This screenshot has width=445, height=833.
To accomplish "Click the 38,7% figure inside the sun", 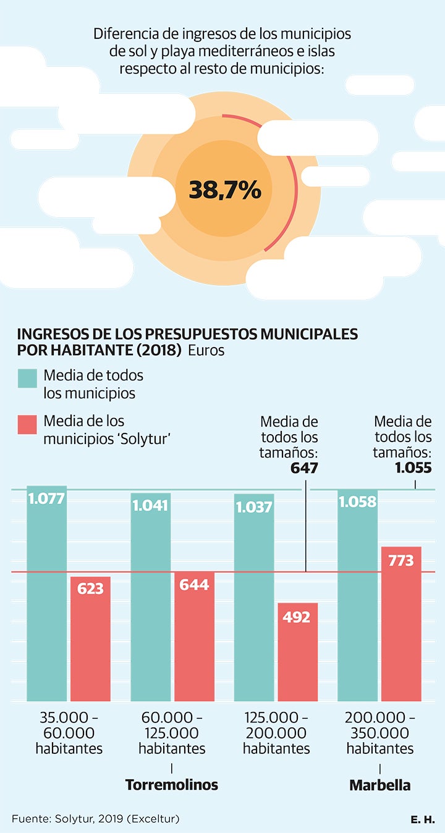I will point(224,190).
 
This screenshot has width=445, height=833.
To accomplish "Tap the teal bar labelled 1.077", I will point(47,593).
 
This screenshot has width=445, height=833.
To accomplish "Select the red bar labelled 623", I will point(90,639).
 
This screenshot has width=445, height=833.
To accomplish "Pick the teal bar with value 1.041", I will point(151,596).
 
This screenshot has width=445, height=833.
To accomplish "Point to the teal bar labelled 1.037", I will point(254,596).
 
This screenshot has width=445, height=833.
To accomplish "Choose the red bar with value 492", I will point(297,651).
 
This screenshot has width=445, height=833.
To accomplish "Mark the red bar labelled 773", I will point(401,624).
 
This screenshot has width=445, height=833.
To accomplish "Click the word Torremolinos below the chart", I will point(172,785).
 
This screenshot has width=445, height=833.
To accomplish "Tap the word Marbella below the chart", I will point(379,785).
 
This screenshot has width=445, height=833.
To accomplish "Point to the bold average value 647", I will point(304,468).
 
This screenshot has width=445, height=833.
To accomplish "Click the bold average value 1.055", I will point(413,468).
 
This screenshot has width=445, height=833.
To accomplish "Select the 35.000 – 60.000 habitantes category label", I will point(69,734).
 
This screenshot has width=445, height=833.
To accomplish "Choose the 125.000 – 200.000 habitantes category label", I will point(276,734).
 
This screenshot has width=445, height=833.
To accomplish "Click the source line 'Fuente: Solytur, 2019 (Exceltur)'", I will point(95,819).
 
